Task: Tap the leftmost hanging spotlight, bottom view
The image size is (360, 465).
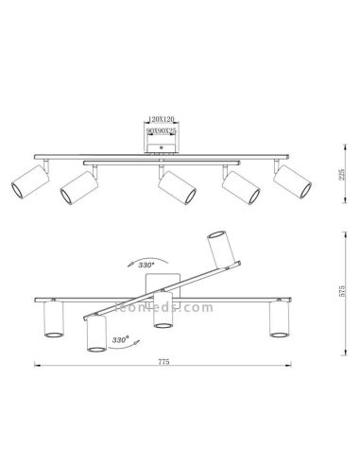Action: coord(53,321)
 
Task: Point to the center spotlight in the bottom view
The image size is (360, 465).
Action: coord(163,313)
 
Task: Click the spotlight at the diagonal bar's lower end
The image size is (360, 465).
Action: coord(94,334)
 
